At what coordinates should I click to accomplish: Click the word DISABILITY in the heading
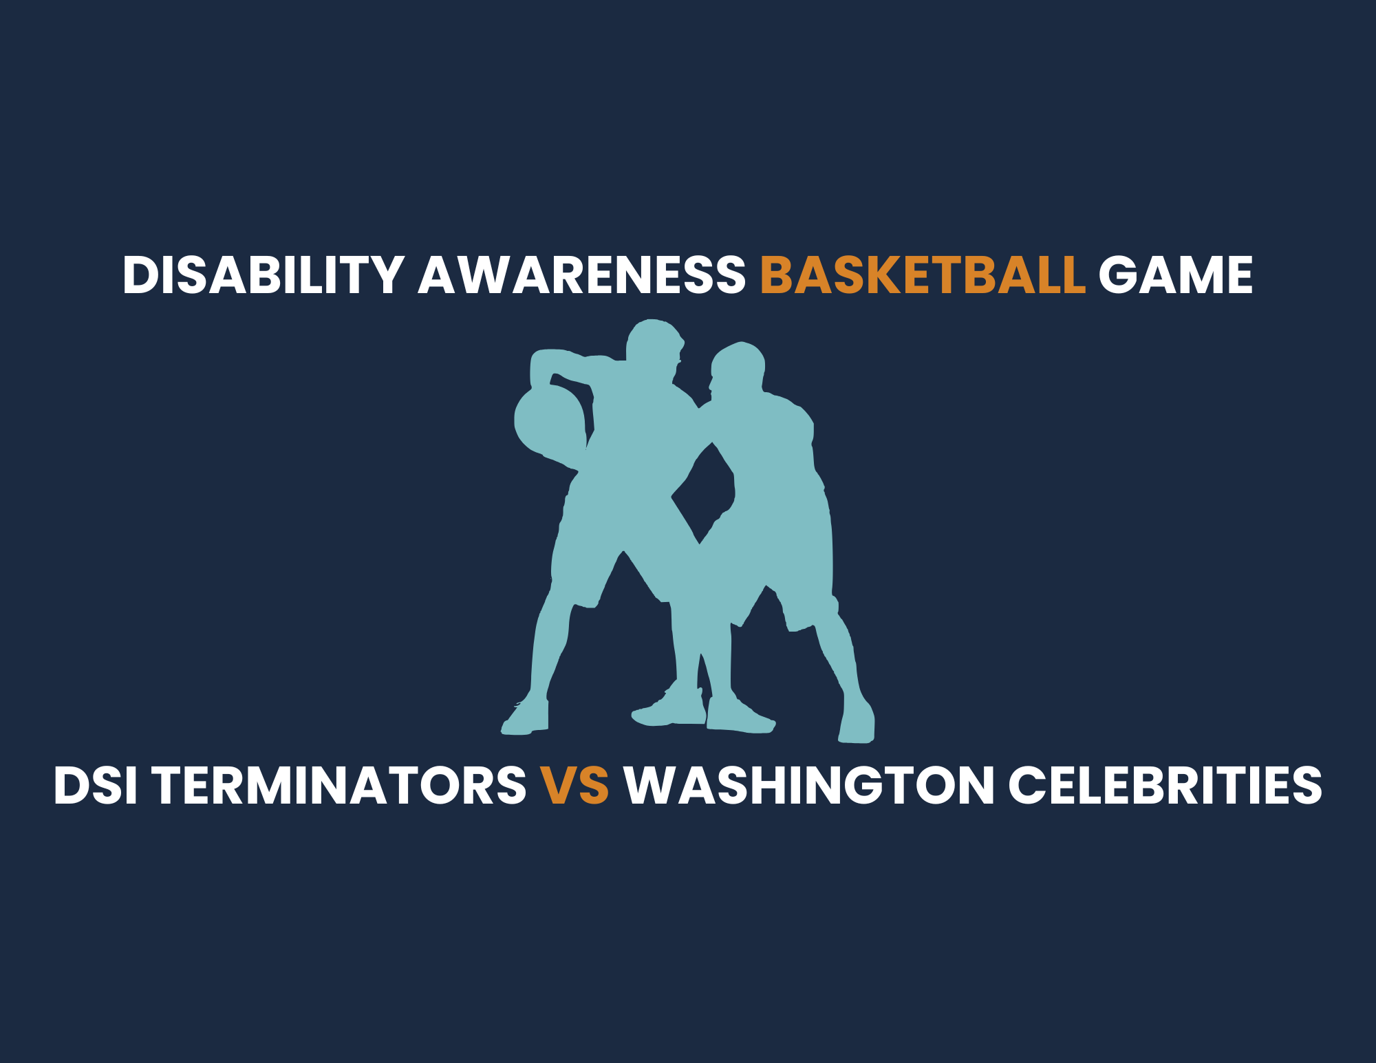pos(264,275)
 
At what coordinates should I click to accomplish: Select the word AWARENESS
pos(582,275)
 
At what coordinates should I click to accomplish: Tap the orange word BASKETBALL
pos(923,275)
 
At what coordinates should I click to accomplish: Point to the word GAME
pos(1175,275)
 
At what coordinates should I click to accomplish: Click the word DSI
pos(96,785)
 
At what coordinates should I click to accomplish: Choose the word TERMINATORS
pos(339,785)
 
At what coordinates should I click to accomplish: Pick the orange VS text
pos(574,785)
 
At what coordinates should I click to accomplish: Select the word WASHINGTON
pos(808,785)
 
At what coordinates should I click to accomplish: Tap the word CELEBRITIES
pos(1165,785)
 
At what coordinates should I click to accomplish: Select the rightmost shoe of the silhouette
pos(857,722)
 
